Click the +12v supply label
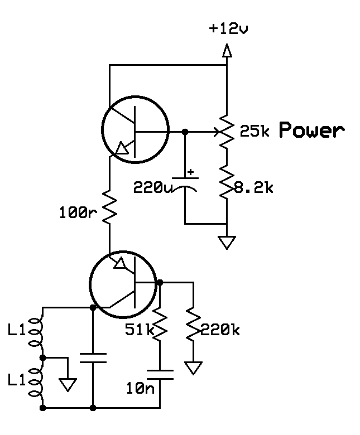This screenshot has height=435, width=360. (x=228, y=28)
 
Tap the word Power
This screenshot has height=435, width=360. (x=311, y=130)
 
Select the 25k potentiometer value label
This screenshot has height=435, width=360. (x=255, y=130)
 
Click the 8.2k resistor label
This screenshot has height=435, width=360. (x=254, y=188)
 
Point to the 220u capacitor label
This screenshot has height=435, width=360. (x=153, y=187)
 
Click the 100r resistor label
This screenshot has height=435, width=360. (x=78, y=213)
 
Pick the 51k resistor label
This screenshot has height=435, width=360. (x=140, y=330)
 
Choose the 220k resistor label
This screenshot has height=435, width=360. (x=220, y=330)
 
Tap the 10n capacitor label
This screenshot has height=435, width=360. (x=140, y=388)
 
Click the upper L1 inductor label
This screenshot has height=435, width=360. (x=17, y=330)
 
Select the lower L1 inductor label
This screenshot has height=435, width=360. (x=17, y=380)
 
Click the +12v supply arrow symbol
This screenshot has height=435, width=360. (x=227, y=50)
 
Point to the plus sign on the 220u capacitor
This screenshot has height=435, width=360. (x=190, y=172)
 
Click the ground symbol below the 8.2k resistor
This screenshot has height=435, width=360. (x=227, y=243)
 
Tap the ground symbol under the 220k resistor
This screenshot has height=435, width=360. (x=193, y=368)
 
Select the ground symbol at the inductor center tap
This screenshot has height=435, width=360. (x=68, y=385)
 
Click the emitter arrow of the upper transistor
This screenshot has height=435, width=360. (x=122, y=148)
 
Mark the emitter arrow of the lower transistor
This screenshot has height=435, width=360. (x=120, y=263)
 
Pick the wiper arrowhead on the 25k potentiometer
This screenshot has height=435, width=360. (x=217, y=132)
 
